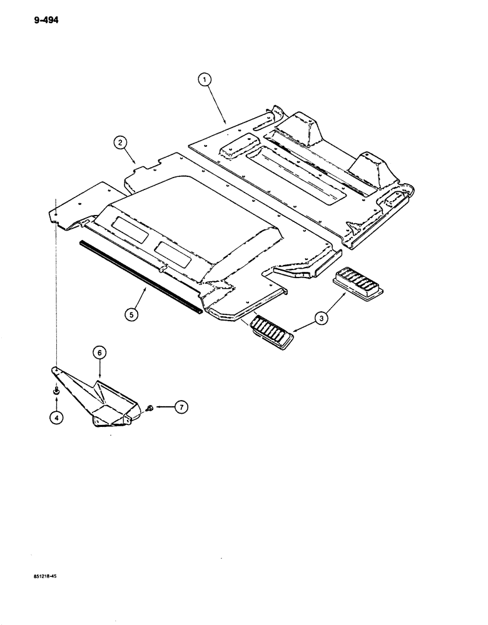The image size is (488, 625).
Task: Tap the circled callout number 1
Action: [x=205, y=80]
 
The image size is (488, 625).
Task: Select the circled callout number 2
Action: [x=119, y=143]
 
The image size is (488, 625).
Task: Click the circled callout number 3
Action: [x=321, y=319]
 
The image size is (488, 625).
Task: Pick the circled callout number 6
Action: [x=99, y=353]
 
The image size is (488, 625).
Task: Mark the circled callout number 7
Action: [x=180, y=407]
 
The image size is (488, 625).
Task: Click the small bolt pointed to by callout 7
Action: [x=151, y=407]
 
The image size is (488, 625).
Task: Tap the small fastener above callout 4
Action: [x=56, y=391]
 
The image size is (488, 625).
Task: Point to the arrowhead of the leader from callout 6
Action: [x=100, y=378]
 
